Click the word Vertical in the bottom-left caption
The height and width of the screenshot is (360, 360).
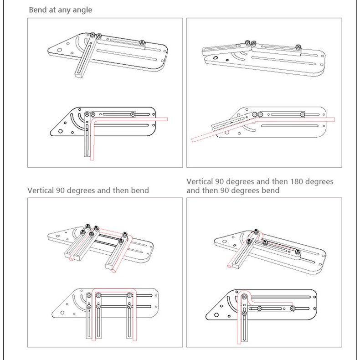(x=41, y=190)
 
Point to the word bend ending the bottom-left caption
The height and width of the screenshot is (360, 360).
(x=139, y=190)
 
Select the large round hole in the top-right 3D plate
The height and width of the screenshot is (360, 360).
(x=215, y=58)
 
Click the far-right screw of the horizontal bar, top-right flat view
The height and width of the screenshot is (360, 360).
(x=302, y=114)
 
